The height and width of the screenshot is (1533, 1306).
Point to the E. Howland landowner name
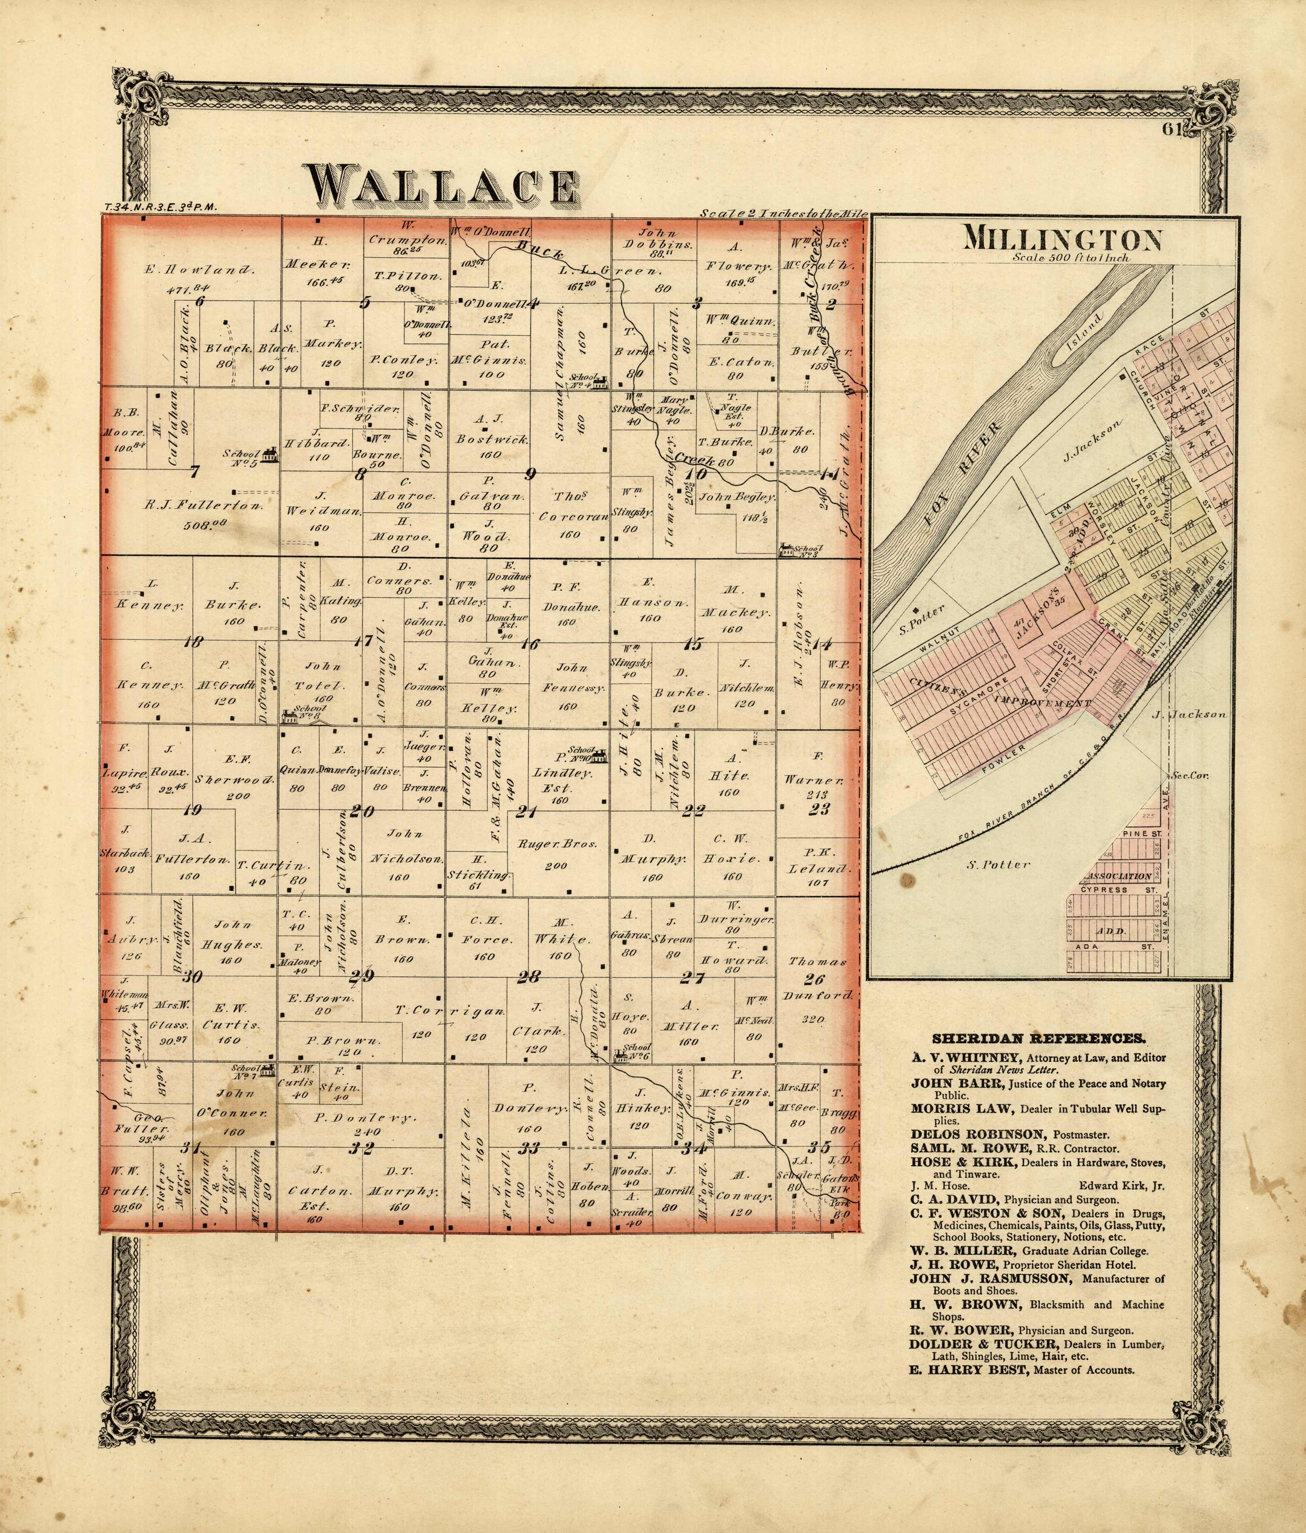(x=200, y=270)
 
